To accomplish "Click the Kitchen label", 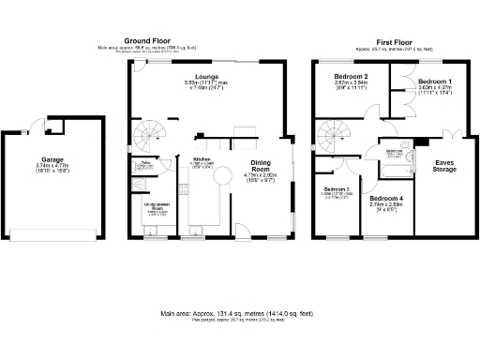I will point(202,160).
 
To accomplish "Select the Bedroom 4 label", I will point(385,199).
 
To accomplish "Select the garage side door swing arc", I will point(34,126).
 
